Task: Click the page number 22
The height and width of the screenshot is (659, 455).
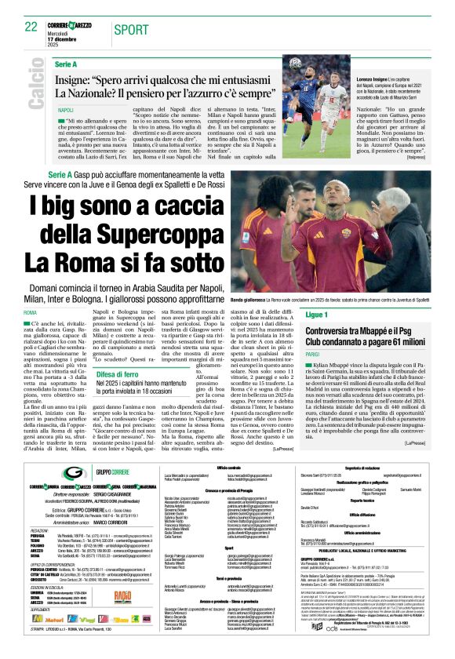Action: tap(31, 27)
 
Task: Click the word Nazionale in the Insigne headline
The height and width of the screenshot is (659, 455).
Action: tap(91, 93)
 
